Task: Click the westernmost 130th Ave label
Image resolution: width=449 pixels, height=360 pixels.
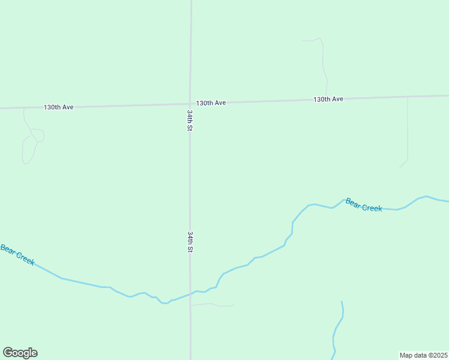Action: tap(58, 107)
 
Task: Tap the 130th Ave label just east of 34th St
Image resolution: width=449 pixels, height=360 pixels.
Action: tap(211, 103)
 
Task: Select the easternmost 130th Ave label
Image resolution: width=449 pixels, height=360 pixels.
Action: tap(328, 99)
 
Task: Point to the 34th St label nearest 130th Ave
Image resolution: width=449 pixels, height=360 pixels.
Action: tap(190, 121)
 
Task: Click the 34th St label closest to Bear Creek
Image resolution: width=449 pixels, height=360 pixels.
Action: tap(190, 242)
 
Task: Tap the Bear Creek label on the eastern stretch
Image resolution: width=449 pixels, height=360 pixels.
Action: tap(364, 205)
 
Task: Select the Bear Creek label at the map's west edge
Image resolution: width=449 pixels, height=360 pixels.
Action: tap(17, 255)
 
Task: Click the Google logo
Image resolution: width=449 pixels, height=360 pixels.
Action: tap(20, 353)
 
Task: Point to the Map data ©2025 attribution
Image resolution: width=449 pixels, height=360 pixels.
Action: tap(424, 355)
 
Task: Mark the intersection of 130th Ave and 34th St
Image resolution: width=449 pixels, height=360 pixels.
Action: tap(190, 104)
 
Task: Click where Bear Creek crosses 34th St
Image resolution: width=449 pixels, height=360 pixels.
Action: tap(191, 293)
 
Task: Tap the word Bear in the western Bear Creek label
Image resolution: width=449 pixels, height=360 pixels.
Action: tap(7, 249)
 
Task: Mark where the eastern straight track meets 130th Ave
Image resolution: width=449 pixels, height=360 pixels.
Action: tap(408, 96)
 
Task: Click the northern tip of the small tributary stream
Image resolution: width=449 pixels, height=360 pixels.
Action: tap(342, 302)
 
